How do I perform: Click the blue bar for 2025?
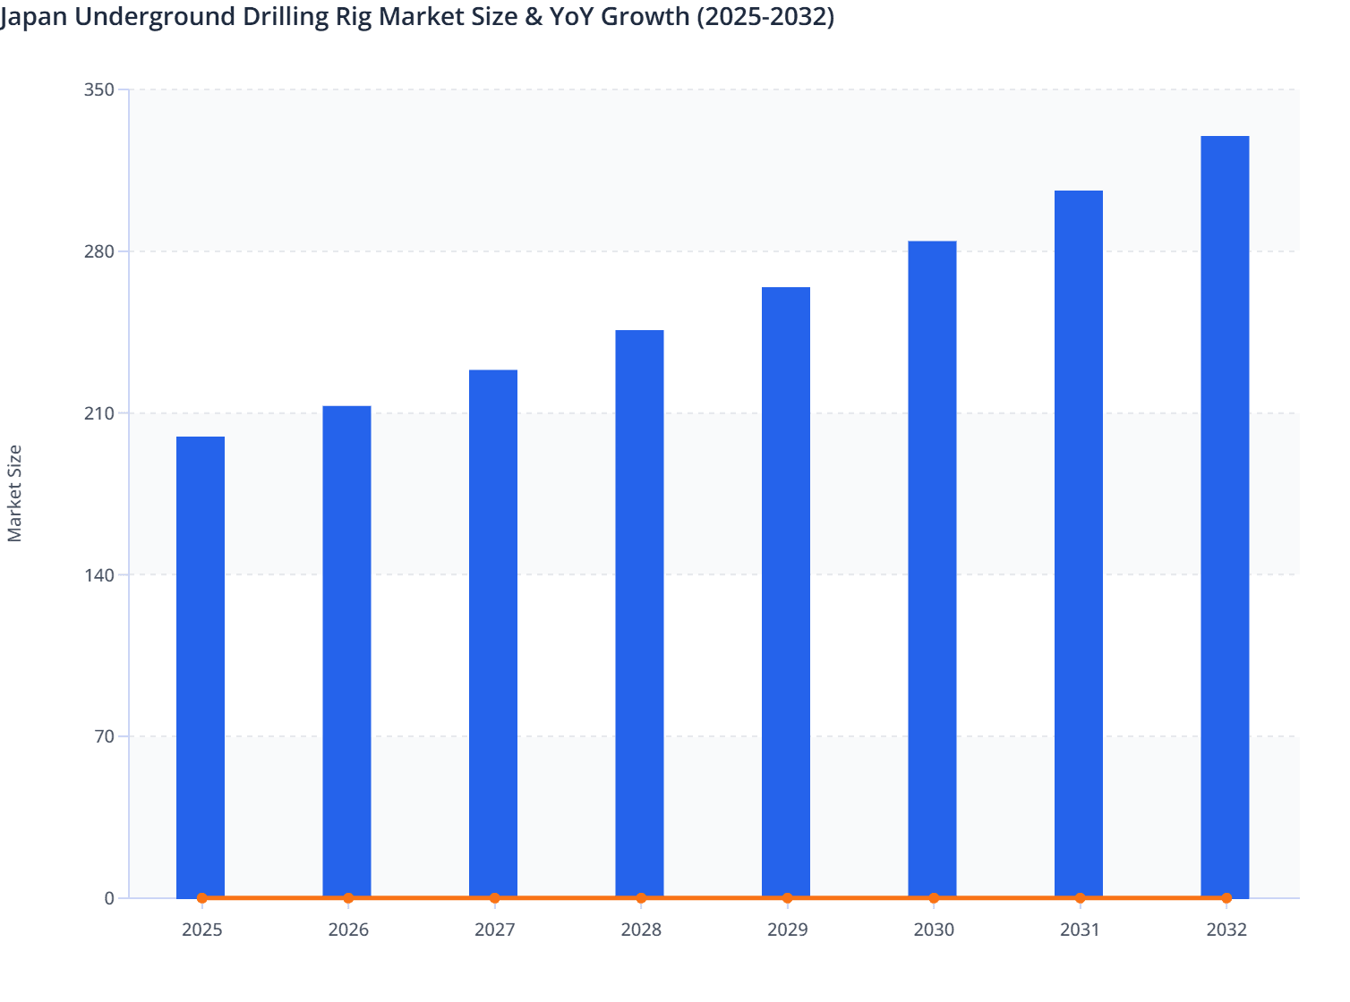(x=201, y=667)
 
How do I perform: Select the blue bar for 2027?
(x=493, y=633)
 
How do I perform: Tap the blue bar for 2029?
(x=786, y=592)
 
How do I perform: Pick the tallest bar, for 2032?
(x=1225, y=516)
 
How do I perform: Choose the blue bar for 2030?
(x=932, y=569)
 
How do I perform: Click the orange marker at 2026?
(x=348, y=898)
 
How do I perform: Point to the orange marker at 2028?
(x=641, y=898)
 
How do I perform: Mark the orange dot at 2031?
(x=1080, y=898)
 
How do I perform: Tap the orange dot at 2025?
(x=202, y=898)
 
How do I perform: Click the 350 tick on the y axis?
(x=98, y=89)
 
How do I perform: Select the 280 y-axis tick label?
(x=98, y=251)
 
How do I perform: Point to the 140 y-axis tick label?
(x=98, y=574)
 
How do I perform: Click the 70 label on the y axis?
(x=103, y=736)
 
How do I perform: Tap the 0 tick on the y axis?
(x=109, y=898)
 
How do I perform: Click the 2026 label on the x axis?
(x=348, y=930)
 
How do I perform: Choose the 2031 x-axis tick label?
(x=1080, y=930)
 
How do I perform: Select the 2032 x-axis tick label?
(x=1226, y=930)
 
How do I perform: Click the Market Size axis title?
(x=15, y=493)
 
